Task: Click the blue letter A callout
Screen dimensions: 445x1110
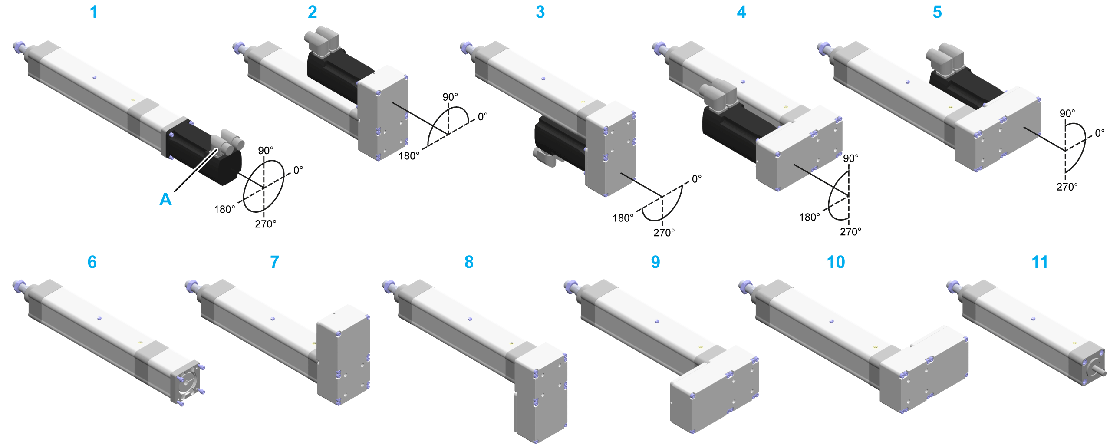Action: point(165,199)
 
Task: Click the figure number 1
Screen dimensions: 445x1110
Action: point(93,12)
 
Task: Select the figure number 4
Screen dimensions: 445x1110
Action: point(741,12)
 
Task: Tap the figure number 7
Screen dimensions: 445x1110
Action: point(274,262)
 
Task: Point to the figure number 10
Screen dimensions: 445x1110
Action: point(836,262)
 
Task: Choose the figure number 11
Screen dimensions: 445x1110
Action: point(1040,262)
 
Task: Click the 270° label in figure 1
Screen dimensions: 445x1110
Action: point(265,224)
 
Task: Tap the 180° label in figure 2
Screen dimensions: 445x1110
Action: point(409,156)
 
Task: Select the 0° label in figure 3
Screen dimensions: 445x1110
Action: point(696,179)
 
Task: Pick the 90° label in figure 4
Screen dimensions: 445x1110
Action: point(850,158)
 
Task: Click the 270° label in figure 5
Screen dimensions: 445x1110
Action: point(1067,187)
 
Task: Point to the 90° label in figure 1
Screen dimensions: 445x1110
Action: point(265,151)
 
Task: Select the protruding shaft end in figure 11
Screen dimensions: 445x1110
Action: point(1101,372)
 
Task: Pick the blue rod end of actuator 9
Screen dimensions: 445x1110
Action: point(570,285)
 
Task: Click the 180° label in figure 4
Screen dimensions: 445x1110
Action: point(810,217)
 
